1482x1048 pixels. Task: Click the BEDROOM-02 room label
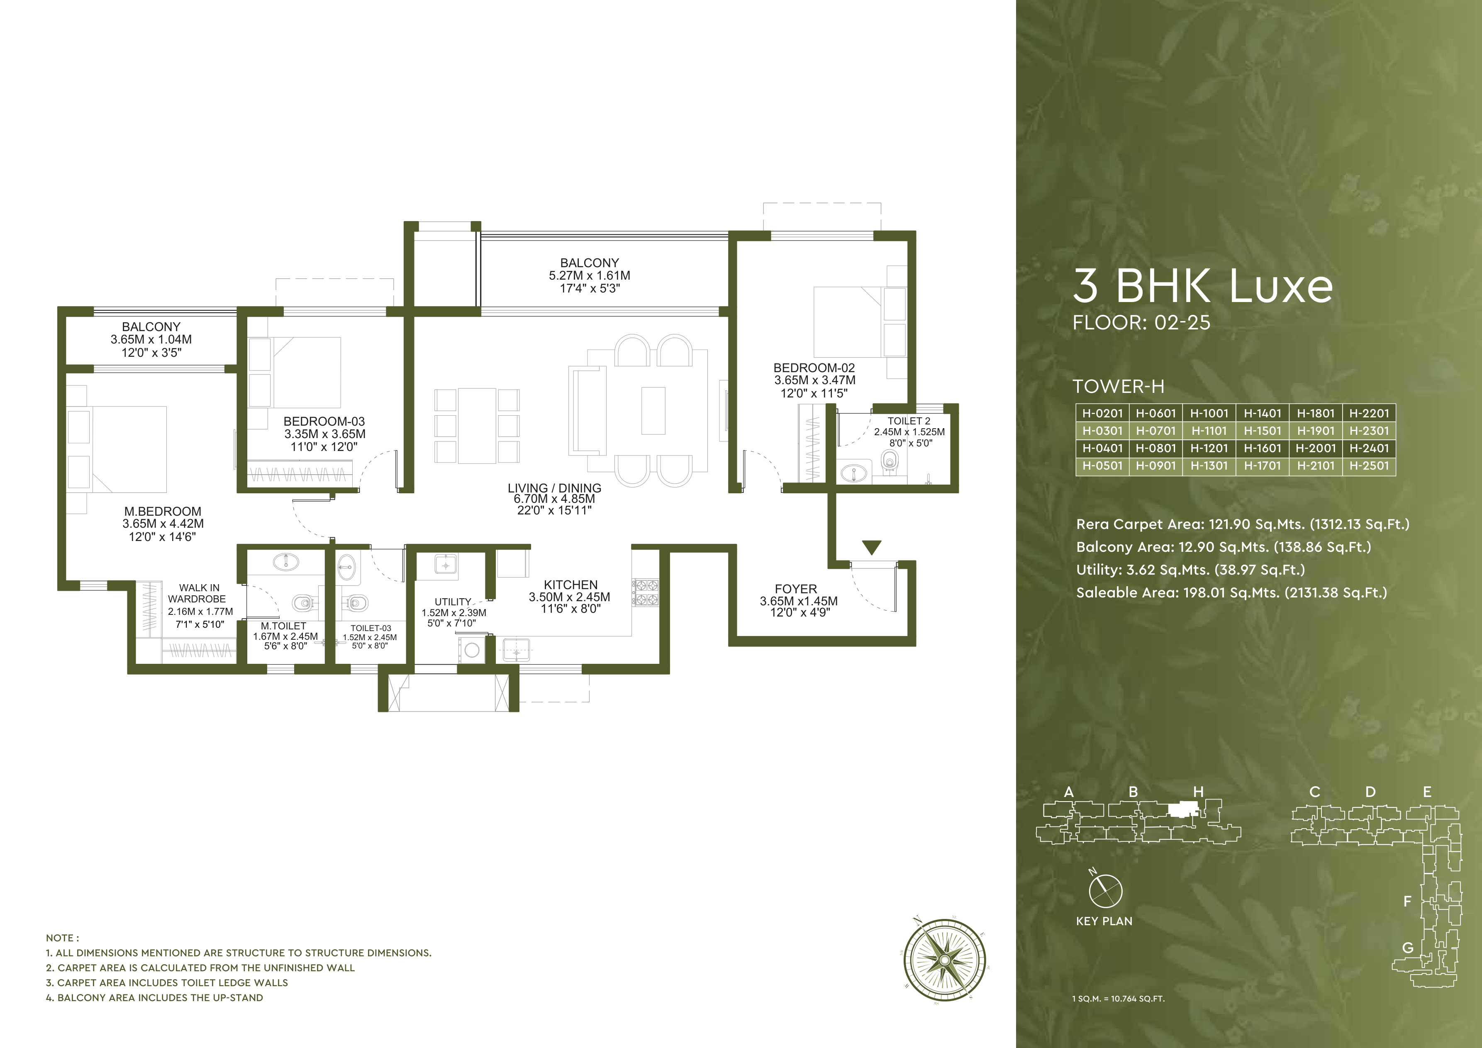pos(814,368)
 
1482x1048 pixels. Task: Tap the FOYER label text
pos(796,589)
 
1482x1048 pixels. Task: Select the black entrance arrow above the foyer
pos(871,547)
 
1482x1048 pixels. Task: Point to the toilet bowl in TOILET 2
pos(890,461)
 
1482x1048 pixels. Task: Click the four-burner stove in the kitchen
pos(645,592)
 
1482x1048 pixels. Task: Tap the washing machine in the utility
pos(472,650)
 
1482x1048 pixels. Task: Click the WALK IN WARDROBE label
pos(198,593)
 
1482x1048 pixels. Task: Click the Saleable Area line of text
pos(1231,592)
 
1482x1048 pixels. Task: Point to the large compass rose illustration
pos(944,960)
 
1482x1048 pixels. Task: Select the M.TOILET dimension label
pos(285,636)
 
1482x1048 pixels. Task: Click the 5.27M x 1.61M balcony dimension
pos(589,275)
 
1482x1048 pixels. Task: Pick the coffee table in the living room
pos(653,410)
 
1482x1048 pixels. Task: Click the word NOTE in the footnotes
pos(62,938)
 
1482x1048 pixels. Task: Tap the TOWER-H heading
pos(1118,387)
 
